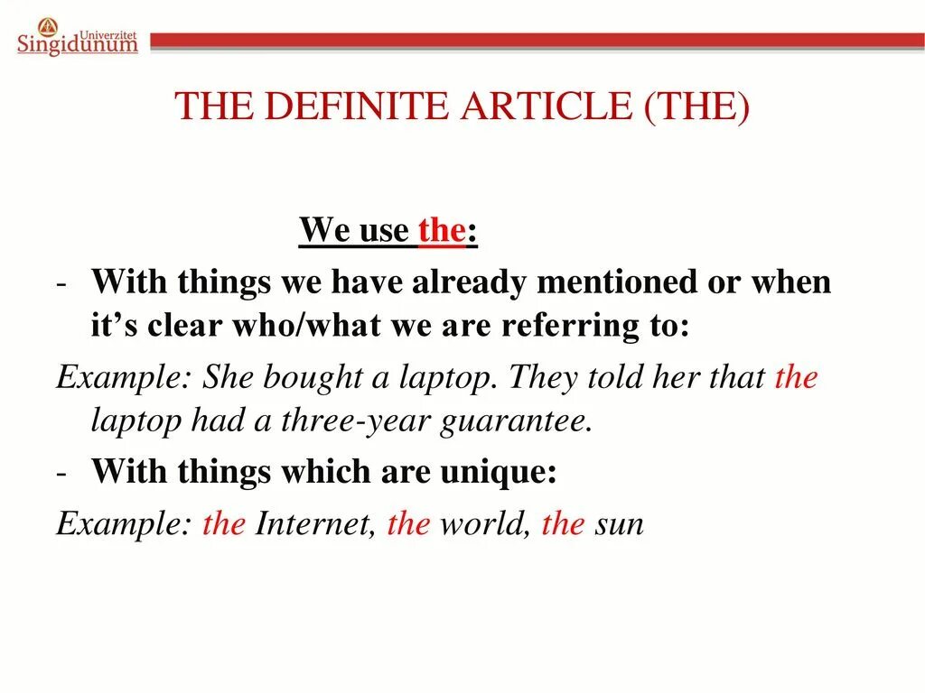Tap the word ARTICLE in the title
point(547,106)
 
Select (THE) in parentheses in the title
point(696,106)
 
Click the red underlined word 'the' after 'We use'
point(441,231)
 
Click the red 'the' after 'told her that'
point(796,376)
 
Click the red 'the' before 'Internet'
point(224,524)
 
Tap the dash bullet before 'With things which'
point(61,473)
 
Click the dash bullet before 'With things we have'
point(61,284)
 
